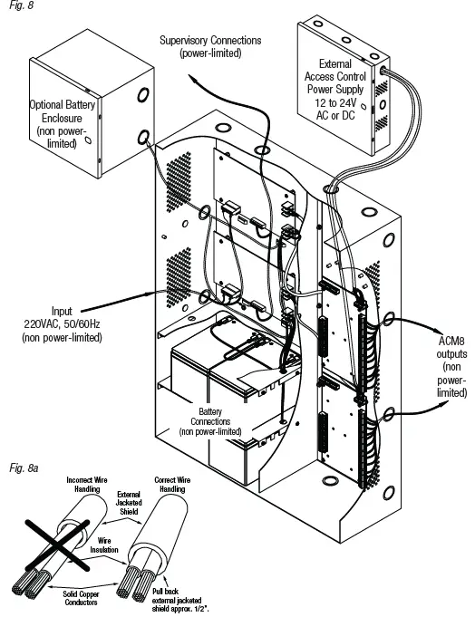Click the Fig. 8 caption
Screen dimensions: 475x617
tap(21, 5)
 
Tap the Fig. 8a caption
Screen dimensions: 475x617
tap(24, 468)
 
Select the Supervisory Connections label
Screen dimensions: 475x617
tap(210, 46)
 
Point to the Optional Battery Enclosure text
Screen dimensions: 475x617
tap(63, 124)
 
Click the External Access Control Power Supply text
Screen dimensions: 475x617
tap(334, 76)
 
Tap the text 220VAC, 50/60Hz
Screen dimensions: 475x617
tap(62, 323)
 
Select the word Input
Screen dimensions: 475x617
tap(62, 312)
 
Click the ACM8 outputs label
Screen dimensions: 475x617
tap(451, 366)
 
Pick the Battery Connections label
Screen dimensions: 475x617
tap(210, 421)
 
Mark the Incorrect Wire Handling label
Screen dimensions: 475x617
tap(87, 485)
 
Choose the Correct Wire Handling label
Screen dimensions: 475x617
tap(172, 485)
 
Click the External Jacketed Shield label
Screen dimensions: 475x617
tap(129, 503)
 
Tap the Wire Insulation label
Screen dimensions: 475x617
tap(104, 545)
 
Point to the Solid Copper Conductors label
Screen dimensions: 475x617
tap(81, 598)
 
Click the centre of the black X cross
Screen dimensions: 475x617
tap(58, 545)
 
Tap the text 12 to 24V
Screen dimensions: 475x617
tap(334, 103)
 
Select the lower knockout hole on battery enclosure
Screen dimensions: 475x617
tap(143, 138)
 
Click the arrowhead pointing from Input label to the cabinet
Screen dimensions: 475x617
tap(150, 294)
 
